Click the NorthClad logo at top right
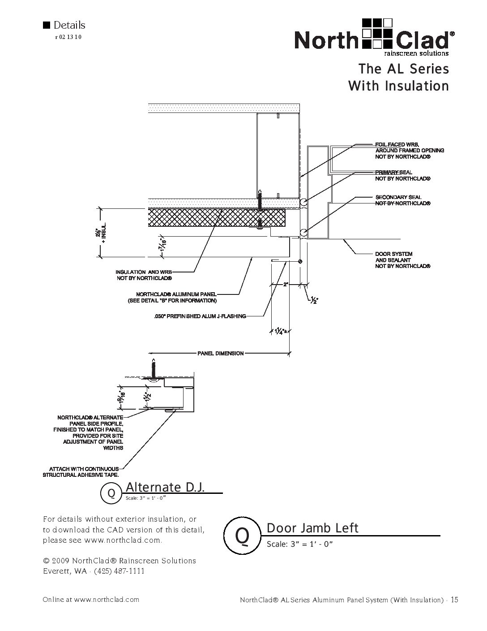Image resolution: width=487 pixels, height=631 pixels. [x=375, y=37]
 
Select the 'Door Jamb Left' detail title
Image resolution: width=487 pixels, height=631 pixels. [x=312, y=528]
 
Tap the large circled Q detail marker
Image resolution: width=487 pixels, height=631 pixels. [x=242, y=536]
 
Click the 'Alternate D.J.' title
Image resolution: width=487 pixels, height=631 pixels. [x=166, y=487]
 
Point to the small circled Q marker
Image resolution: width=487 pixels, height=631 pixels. [x=111, y=493]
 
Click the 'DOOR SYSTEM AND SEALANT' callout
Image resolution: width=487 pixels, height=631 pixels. [x=402, y=260]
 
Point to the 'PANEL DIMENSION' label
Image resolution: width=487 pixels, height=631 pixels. [x=221, y=354]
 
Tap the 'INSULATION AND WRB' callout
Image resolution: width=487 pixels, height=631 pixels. [x=144, y=275]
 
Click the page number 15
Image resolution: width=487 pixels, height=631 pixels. [x=454, y=600]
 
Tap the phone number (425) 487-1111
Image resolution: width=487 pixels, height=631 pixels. [x=119, y=571]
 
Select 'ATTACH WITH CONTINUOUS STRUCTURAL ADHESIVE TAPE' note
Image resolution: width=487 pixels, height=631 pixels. [x=81, y=472]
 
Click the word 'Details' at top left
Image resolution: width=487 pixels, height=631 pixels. [x=69, y=25]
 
